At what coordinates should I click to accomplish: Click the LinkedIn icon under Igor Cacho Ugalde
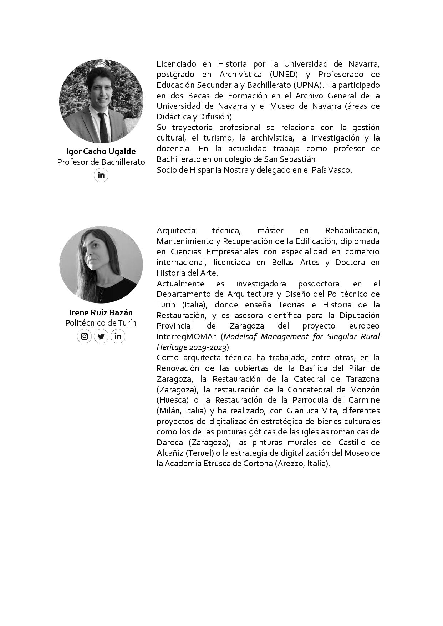[x=101, y=175]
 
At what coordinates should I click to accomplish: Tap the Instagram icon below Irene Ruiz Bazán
[x=85, y=336]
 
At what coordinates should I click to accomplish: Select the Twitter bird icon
[x=101, y=336]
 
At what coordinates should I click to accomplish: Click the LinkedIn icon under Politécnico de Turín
[x=118, y=336]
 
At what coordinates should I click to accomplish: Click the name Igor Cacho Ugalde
[x=101, y=151]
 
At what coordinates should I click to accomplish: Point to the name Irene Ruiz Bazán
[x=101, y=312]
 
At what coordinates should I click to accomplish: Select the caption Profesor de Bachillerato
[x=101, y=162]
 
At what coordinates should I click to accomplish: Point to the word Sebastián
[x=299, y=159]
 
